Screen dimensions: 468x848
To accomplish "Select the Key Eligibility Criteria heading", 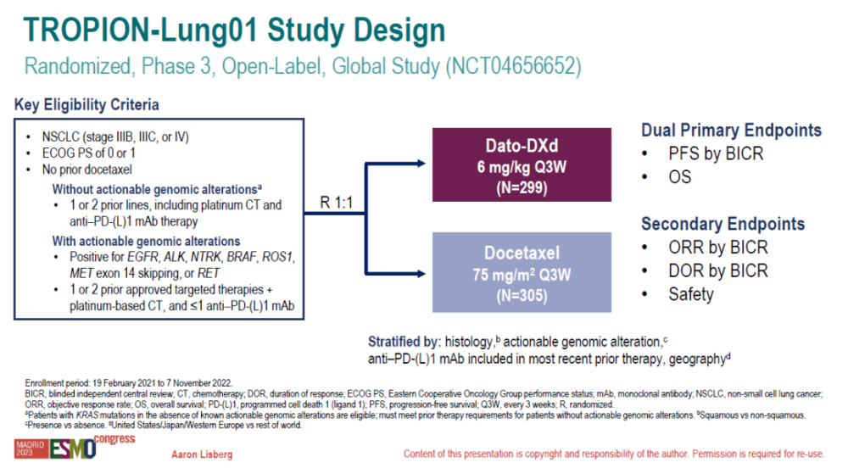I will coord(86,105).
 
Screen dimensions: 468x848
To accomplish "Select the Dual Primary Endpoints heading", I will coord(731,131).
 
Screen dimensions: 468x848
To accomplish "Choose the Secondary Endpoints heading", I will coord(722,224).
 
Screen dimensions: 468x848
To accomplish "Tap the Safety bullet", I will coord(691,294).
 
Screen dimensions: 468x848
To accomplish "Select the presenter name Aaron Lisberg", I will coord(202,455).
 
